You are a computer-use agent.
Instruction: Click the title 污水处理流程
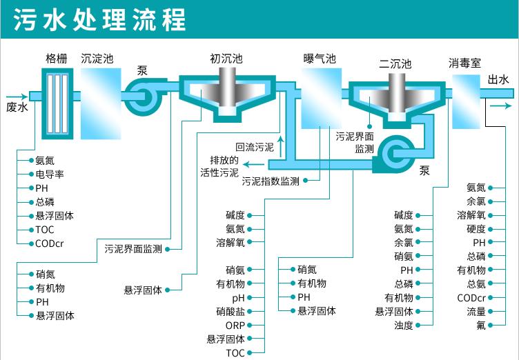click(x=99, y=19)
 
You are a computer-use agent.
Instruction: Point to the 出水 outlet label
click(x=498, y=80)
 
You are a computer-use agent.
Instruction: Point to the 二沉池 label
click(x=394, y=64)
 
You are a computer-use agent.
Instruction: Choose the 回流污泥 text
click(x=254, y=147)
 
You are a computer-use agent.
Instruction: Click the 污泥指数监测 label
click(x=271, y=182)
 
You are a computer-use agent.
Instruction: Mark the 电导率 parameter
click(x=50, y=174)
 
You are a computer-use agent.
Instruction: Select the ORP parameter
click(x=235, y=326)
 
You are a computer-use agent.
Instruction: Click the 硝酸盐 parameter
click(x=230, y=312)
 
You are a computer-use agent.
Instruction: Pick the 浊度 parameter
click(x=403, y=326)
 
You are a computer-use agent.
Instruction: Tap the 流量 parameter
click(x=476, y=312)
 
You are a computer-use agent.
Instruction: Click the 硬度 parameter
click(x=476, y=229)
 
